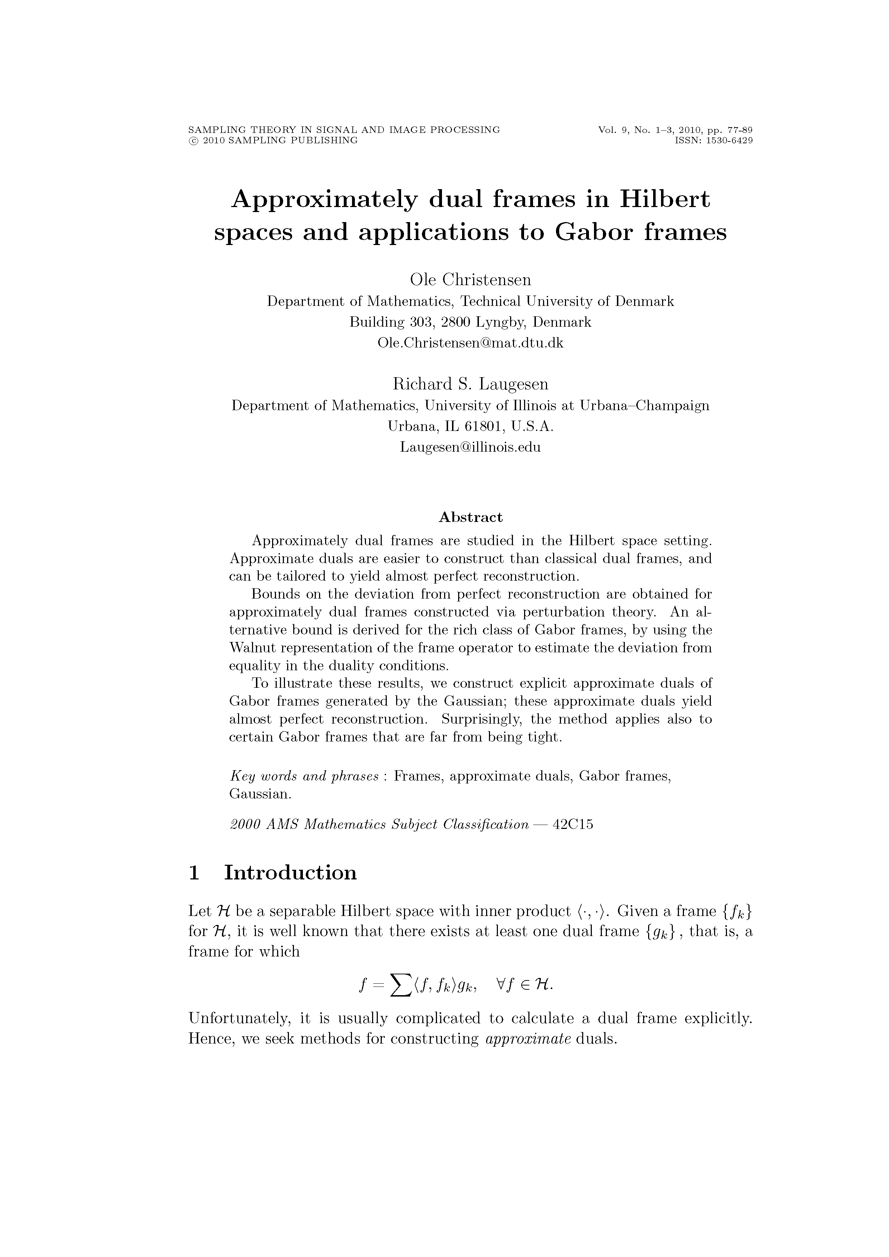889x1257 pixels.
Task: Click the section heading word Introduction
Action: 290,873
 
